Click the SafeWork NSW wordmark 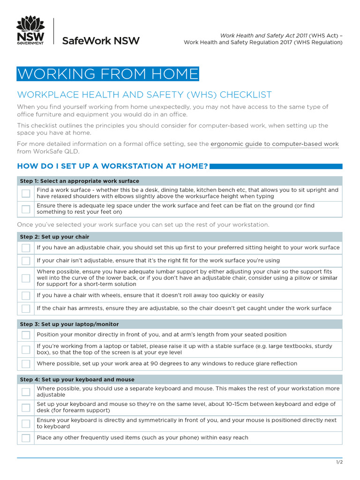(101, 41)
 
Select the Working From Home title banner (108, 74)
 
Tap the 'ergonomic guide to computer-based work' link (274, 144)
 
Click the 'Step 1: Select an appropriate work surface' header (79, 181)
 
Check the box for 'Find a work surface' (26, 193)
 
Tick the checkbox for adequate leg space (26, 209)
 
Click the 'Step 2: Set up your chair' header (54, 237)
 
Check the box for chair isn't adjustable (26, 261)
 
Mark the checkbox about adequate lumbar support (26, 278)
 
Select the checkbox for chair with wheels (26, 296)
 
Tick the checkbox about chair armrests (26, 308)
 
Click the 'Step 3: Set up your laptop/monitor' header (69, 324)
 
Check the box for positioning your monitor (26, 335)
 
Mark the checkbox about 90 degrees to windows (26, 364)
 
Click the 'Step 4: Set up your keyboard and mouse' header (77, 379)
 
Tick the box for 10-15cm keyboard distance (26, 407)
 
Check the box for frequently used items (26, 438)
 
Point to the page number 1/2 (339, 462)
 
